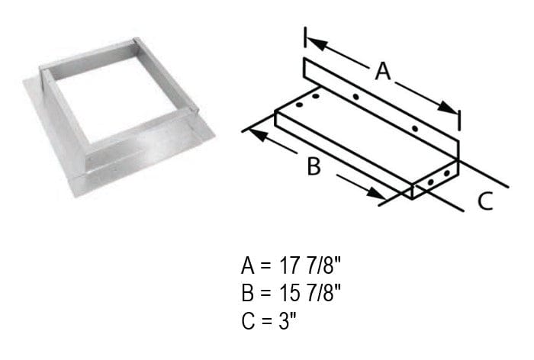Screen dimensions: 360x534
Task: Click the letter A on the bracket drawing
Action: (x=383, y=72)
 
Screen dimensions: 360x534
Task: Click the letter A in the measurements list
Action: (x=248, y=266)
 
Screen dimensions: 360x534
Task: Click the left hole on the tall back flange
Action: (x=355, y=97)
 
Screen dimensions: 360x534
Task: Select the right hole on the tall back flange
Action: (x=414, y=127)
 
